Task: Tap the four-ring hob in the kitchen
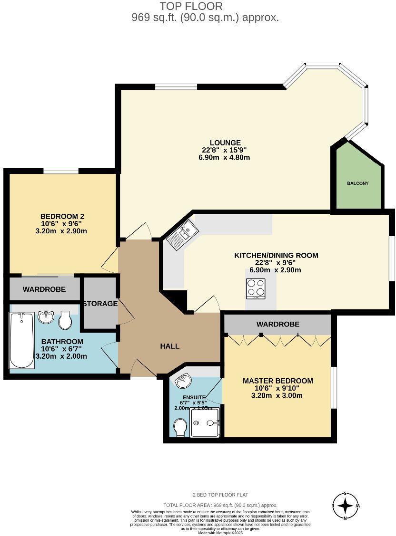pos(256,288)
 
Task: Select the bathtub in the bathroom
pos(22,340)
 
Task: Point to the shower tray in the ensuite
pos(206,422)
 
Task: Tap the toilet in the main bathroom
pos(65,322)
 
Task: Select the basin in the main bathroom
pos(46,317)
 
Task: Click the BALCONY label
pos(357,183)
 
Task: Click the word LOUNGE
pos(225,143)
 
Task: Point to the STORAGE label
pos(100,304)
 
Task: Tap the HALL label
pos(169,346)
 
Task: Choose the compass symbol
pos(345,506)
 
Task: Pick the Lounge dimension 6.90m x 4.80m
pos(226,157)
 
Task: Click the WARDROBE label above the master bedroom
pos(277,324)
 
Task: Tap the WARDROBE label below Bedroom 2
pos(44,289)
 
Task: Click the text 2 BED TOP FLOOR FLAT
pos(220,495)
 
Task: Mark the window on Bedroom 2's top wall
pos(61,171)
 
